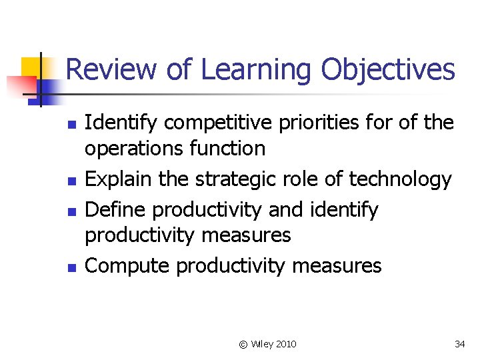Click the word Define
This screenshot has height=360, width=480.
[117, 210]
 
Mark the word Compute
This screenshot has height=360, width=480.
[128, 266]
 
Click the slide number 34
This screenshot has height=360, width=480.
[459, 344]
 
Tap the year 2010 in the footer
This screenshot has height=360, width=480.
[285, 344]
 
